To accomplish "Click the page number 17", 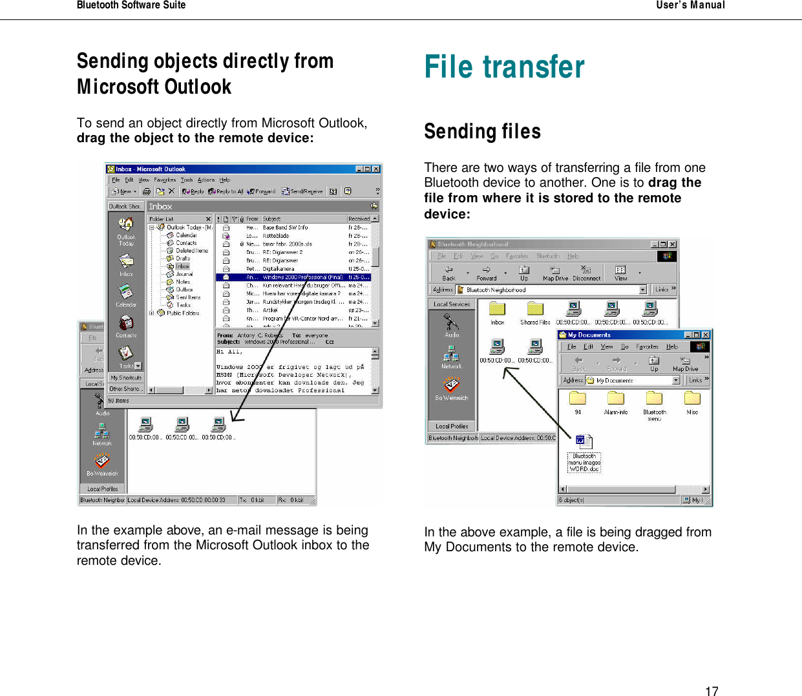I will pyautogui.click(x=712, y=691).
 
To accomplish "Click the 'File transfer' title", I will pyautogui.click(x=504, y=67).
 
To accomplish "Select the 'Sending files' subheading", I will pyautogui.click(x=482, y=132).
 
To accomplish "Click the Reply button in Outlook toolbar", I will pyautogui.click(x=193, y=191).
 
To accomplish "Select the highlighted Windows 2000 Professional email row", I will pyautogui.click(x=294, y=277).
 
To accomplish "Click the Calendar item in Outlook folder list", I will pyautogui.click(x=185, y=235).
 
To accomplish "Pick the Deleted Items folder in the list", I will pyautogui.click(x=191, y=251).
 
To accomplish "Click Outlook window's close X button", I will pyautogui.click(x=376, y=169).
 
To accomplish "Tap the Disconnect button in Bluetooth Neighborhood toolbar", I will pyautogui.click(x=586, y=273).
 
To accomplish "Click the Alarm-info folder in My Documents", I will pyautogui.click(x=615, y=400).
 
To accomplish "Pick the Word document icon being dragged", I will pyautogui.click(x=584, y=442).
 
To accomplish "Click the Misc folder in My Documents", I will pyautogui.click(x=692, y=400).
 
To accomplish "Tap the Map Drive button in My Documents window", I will pyautogui.click(x=685, y=363).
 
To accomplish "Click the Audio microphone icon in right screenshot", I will pyautogui.click(x=451, y=322).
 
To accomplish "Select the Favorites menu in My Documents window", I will pyautogui.click(x=647, y=347).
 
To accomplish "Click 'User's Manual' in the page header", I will pyautogui.click(x=690, y=5).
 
